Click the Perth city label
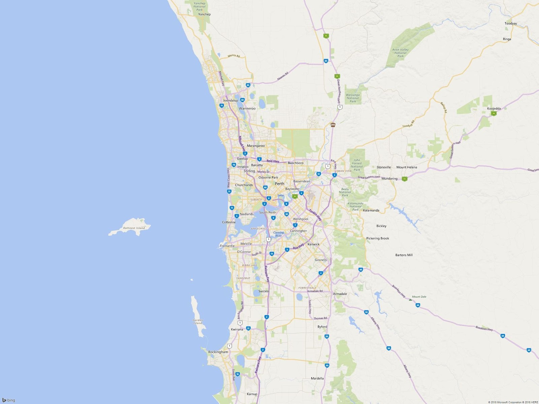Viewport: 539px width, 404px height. click(280, 183)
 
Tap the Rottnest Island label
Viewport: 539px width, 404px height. click(134, 228)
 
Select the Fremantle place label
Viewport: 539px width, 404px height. click(227, 246)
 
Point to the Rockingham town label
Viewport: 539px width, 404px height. click(218, 352)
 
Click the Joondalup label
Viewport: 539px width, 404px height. click(230, 100)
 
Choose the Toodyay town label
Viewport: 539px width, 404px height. click(511, 24)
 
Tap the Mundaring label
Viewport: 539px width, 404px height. click(389, 178)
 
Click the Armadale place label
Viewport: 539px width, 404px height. click(340, 294)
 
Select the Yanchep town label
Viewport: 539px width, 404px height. click(204, 14)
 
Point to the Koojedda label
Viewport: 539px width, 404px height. click(494, 108)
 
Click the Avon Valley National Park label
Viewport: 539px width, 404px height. click(400, 53)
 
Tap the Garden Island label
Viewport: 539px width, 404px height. click(198, 322)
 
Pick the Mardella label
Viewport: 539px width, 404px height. click(317, 378)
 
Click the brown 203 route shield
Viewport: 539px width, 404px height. click(333, 125)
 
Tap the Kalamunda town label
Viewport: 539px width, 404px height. click(371, 210)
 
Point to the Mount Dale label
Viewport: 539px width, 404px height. click(419, 297)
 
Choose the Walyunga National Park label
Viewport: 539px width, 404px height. click(353, 98)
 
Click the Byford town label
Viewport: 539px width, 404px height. click(322, 327)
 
